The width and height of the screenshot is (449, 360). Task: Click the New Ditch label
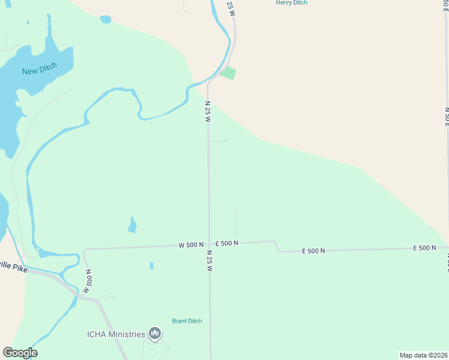click(39, 71)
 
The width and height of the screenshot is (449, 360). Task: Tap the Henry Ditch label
click(291, 3)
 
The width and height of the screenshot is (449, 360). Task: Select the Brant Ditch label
click(187, 321)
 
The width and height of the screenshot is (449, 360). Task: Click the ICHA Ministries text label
click(116, 334)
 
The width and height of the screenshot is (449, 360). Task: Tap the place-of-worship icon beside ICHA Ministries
click(155, 334)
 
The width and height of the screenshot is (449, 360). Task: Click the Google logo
click(20, 353)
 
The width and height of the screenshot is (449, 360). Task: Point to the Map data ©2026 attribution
click(424, 355)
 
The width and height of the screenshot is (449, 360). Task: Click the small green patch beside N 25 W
click(228, 73)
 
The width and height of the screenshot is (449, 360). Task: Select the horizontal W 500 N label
click(191, 245)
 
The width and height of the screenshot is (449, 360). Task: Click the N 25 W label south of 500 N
click(209, 262)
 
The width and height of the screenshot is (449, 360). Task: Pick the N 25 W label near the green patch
click(208, 112)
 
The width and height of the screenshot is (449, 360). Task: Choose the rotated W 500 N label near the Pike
click(88, 281)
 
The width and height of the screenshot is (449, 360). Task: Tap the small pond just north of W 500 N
click(132, 225)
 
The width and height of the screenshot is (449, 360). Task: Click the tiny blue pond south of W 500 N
click(151, 266)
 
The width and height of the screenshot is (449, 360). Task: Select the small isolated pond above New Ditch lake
click(106, 19)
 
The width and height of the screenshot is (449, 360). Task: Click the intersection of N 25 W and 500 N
click(209, 244)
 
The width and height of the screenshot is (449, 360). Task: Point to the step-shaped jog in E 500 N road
click(276, 246)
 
